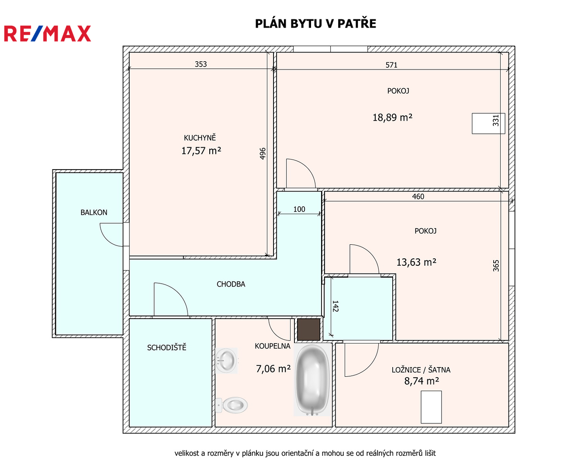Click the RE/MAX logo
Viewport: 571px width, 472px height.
(47, 34)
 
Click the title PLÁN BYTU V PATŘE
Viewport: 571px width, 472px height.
(315, 24)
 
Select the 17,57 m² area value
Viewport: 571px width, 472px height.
(201, 150)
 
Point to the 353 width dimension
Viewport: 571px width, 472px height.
(201, 64)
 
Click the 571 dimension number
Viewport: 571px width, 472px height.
(391, 65)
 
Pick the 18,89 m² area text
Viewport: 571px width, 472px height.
(392, 118)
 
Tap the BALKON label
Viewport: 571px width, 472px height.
(94, 212)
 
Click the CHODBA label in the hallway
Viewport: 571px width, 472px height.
(231, 284)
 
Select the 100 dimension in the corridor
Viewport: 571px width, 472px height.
(299, 209)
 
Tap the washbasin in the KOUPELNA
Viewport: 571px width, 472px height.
(226, 361)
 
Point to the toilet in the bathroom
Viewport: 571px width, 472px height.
(232, 405)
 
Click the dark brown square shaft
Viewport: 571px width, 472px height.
(308, 330)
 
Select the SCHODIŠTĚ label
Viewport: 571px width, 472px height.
(166, 347)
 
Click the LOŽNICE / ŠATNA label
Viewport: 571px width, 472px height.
(421, 370)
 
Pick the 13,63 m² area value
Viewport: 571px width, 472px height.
(416, 262)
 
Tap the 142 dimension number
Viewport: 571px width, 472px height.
(335, 306)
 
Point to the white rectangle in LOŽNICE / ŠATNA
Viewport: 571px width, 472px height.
(431, 407)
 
